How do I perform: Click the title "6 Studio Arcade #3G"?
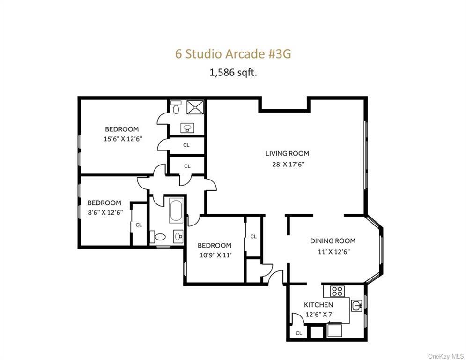pyautogui.click(x=233, y=53)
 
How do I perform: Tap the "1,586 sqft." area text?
pyautogui.click(x=233, y=73)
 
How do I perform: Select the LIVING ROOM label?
pyautogui.click(x=287, y=153)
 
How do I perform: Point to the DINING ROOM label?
pyautogui.click(x=333, y=241)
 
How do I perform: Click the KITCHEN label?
pyautogui.click(x=318, y=305)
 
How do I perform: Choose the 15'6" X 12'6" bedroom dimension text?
pyautogui.click(x=123, y=139)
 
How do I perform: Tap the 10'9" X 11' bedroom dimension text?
pyautogui.click(x=214, y=255)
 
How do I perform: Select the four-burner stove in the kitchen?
pyautogui.click(x=337, y=291)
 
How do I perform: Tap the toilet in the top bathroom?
pyautogui.click(x=175, y=108)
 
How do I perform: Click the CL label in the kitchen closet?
pyautogui.click(x=299, y=333)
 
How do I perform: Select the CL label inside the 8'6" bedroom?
pyautogui.click(x=139, y=225)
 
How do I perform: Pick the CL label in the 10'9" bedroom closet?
pyautogui.click(x=253, y=237)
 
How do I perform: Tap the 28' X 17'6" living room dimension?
pyautogui.click(x=287, y=164)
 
